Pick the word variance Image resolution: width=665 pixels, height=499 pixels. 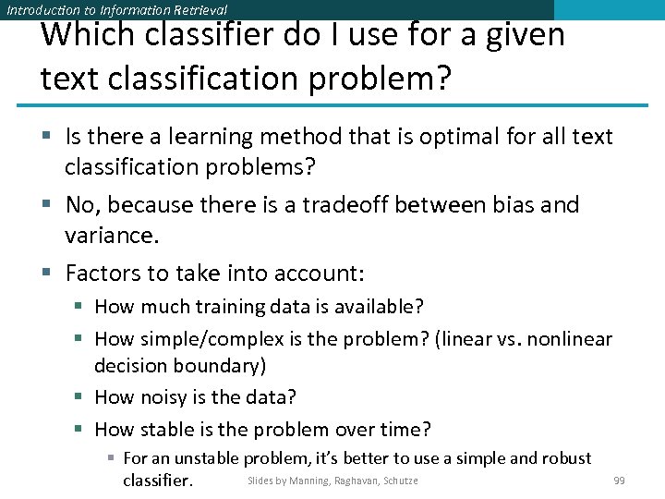tap(111, 236)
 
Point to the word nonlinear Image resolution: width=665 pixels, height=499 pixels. tap(571, 339)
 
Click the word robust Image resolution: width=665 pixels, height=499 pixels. tap(565, 458)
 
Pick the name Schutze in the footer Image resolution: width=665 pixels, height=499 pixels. tap(399, 481)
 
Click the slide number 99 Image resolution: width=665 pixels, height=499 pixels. tap(619, 481)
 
